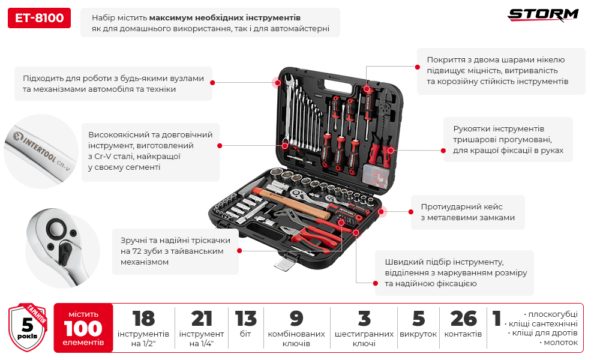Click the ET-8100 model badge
pos(40,19)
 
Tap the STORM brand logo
pos(543,15)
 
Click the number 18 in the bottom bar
pos(143,319)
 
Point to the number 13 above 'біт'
pos(246,319)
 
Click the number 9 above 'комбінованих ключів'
pos(296,319)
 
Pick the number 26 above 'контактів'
pos(463,319)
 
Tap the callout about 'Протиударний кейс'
pos(467,212)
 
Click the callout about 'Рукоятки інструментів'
pos(508,140)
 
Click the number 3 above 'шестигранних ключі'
pos(364,319)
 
